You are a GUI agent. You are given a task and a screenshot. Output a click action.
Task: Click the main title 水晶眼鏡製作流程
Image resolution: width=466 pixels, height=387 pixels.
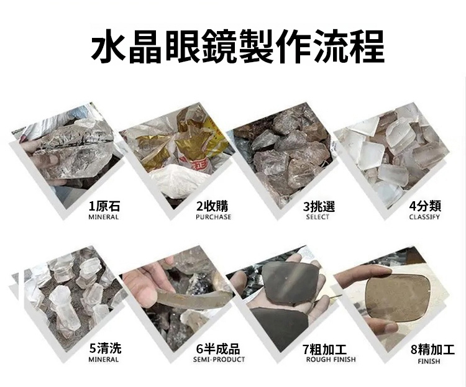(x=237, y=46)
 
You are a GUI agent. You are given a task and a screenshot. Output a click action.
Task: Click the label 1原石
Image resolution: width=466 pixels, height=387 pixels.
(x=104, y=206)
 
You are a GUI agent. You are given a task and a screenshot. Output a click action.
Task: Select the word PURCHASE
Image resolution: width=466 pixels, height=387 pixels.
(x=213, y=217)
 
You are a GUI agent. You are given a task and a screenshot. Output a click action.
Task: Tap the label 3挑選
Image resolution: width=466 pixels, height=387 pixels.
(x=319, y=206)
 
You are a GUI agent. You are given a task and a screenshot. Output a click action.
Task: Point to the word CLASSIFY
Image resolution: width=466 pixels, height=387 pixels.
(x=424, y=217)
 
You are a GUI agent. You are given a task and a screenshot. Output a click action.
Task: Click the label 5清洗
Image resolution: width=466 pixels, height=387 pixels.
(x=105, y=348)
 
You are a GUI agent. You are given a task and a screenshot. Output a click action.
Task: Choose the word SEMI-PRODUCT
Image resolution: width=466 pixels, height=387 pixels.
(x=219, y=359)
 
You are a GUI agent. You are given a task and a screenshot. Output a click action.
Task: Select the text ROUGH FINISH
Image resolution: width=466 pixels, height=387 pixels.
(x=331, y=359)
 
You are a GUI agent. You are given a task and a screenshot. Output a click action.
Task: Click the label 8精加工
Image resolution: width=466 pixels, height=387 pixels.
(x=432, y=350)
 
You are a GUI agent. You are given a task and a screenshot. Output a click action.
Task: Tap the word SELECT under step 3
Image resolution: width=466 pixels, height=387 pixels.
(x=318, y=217)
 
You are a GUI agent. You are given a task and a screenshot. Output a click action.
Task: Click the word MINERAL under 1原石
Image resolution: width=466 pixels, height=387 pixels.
(x=103, y=217)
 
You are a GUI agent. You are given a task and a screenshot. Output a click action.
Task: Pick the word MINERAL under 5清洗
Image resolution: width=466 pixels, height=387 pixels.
(x=103, y=359)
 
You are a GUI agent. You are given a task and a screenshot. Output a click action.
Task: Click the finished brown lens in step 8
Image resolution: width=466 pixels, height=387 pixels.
(x=398, y=297)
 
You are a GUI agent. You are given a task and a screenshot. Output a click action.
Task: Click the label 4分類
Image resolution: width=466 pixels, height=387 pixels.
(x=425, y=206)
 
